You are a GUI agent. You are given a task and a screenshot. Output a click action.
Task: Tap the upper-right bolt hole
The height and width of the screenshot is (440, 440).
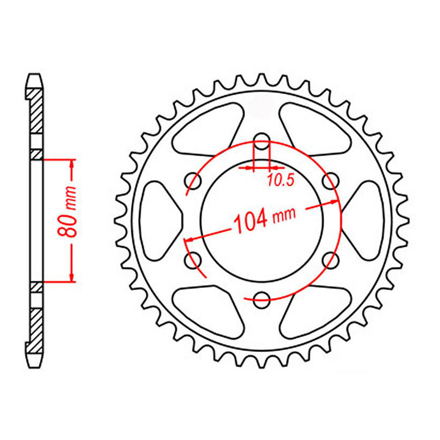[x=331, y=180]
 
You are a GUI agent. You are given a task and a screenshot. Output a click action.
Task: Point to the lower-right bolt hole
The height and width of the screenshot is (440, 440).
[x=331, y=259]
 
